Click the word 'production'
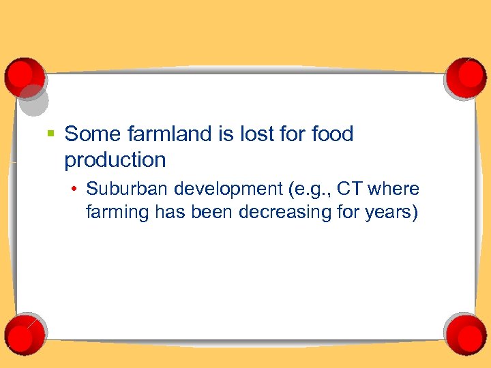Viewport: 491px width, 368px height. [x=115, y=160]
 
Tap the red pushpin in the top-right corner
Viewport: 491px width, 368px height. [x=465, y=76]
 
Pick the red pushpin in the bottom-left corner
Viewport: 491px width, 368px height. [x=24, y=334]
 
